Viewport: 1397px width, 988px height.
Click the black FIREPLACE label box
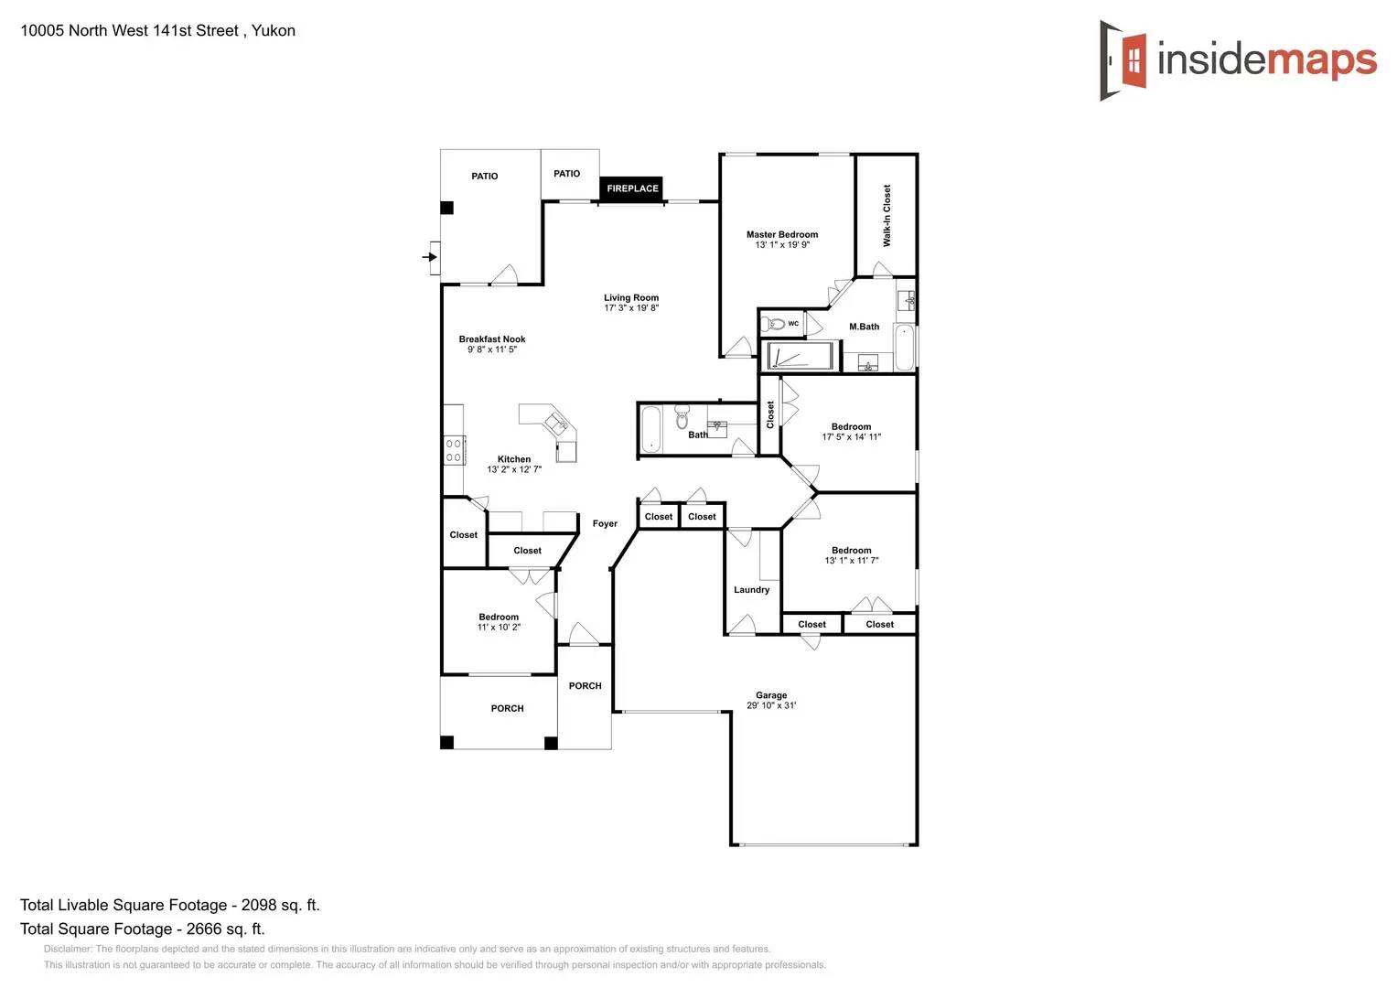(x=631, y=188)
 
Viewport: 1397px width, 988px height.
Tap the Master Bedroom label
(x=782, y=235)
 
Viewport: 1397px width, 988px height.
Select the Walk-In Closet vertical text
(x=887, y=215)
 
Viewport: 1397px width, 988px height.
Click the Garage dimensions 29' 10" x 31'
(x=771, y=706)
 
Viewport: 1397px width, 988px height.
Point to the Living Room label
(x=631, y=298)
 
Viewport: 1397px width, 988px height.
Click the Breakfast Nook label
(x=492, y=339)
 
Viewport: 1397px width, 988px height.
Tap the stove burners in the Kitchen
(x=454, y=450)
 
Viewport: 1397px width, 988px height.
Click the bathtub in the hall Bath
(x=650, y=429)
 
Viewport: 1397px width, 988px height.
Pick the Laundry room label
(x=751, y=590)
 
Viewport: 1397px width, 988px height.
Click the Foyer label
(x=605, y=524)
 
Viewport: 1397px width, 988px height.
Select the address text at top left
(x=157, y=31)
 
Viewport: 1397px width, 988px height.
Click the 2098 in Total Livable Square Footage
(x=258, y=906)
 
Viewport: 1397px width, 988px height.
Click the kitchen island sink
(x=556, y=423)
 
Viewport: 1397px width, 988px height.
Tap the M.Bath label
(x=864, y=327)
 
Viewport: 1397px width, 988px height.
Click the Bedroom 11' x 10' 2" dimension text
(x=499, y=628)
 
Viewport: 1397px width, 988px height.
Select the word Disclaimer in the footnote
(x=68, y=950)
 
